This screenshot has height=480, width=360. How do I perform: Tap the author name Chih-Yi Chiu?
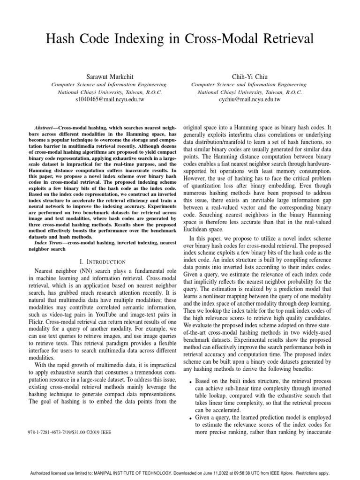(250, 76)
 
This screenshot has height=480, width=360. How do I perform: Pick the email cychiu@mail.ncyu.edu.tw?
(250, 100)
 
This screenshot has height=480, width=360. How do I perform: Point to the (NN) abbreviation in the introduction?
(93, 270)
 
